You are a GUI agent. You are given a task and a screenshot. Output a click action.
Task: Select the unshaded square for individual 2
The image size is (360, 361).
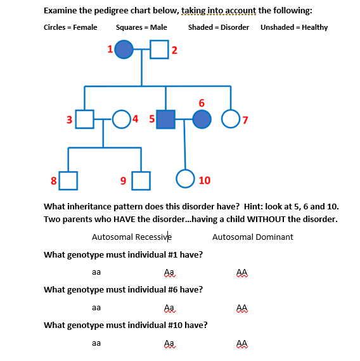(x=158, y=49)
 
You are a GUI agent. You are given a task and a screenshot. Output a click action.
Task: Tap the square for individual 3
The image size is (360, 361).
(x=85, y=118)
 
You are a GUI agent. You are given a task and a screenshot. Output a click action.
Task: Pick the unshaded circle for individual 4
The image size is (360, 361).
(x=121, y=118)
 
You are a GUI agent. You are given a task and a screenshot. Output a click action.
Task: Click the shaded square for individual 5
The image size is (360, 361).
(x=166, y=118)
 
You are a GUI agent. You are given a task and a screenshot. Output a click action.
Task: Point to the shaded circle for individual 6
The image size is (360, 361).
(x=202, y=118)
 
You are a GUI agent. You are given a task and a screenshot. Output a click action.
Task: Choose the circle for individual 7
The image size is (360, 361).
(x=231, y=118)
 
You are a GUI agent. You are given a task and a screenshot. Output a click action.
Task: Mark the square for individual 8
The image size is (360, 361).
(x=68, y=180)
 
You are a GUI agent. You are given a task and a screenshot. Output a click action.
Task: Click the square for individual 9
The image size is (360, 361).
(x=141, y=180)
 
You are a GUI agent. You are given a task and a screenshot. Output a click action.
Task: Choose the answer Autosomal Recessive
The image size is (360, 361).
(x=132, y=237)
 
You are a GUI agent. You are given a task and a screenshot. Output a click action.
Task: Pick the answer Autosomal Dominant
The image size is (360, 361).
(x=252, y=237)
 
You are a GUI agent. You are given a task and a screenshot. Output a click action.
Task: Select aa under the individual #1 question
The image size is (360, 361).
(x=96, y=272)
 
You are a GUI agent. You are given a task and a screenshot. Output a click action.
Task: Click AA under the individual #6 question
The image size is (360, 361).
(x=241, y=307)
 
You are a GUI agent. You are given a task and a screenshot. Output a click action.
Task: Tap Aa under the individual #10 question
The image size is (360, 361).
(x=169, y=343)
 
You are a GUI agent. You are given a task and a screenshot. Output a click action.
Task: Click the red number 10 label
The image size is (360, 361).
(x=204, y=180)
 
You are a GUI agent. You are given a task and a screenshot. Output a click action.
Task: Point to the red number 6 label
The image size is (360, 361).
(x=202, y=102)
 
